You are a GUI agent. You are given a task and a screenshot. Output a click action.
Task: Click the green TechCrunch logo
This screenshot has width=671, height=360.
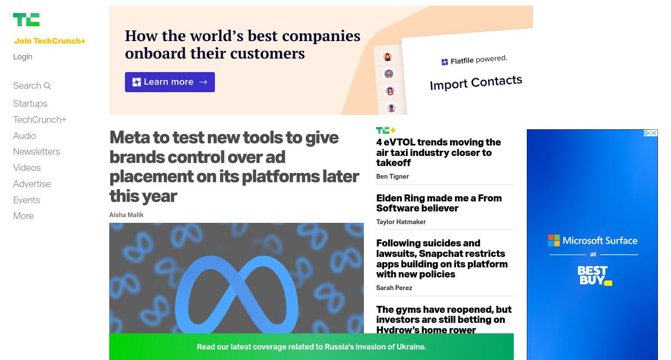click(26, 20)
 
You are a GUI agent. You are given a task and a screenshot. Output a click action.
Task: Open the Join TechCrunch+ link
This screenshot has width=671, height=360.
click(50, 41)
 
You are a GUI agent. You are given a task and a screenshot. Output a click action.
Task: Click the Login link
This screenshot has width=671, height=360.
click(23, 57)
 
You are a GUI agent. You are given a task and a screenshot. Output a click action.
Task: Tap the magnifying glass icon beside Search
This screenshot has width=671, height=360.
click(47, 86)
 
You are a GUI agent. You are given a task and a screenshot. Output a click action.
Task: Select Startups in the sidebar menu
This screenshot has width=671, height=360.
click(30, 104)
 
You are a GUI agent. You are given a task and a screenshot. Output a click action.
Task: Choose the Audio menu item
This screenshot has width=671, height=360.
click(24, 136)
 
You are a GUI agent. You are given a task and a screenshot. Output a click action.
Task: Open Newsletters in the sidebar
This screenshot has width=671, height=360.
click(37, 152)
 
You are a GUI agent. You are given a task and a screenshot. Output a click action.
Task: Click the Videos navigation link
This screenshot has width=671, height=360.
click(27, 168)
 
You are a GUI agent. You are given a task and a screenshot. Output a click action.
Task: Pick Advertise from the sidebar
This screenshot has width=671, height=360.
click(32, 184)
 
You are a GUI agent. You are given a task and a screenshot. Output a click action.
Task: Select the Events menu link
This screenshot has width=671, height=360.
click(27, 200)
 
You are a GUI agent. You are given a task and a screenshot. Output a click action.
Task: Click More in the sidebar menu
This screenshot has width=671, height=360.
click(23, 216)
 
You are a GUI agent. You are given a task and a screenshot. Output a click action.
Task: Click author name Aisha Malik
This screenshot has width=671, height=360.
click(126, 215)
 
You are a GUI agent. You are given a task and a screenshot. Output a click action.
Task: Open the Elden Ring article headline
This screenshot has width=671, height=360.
click(439, 203)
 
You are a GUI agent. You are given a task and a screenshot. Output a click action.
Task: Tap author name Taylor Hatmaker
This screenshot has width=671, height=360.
click(401, 222)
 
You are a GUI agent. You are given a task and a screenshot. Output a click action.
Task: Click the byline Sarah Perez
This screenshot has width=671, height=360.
click(394, 288)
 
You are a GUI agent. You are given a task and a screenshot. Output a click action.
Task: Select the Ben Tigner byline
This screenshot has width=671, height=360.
click(392, 177)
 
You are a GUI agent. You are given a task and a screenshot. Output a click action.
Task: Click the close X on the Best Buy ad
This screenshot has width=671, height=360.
click(654, 133)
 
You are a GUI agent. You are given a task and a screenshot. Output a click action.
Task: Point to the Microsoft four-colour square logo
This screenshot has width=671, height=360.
click(554, 240)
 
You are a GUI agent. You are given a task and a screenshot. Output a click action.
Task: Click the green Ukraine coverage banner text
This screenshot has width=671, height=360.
click(311, 347)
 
